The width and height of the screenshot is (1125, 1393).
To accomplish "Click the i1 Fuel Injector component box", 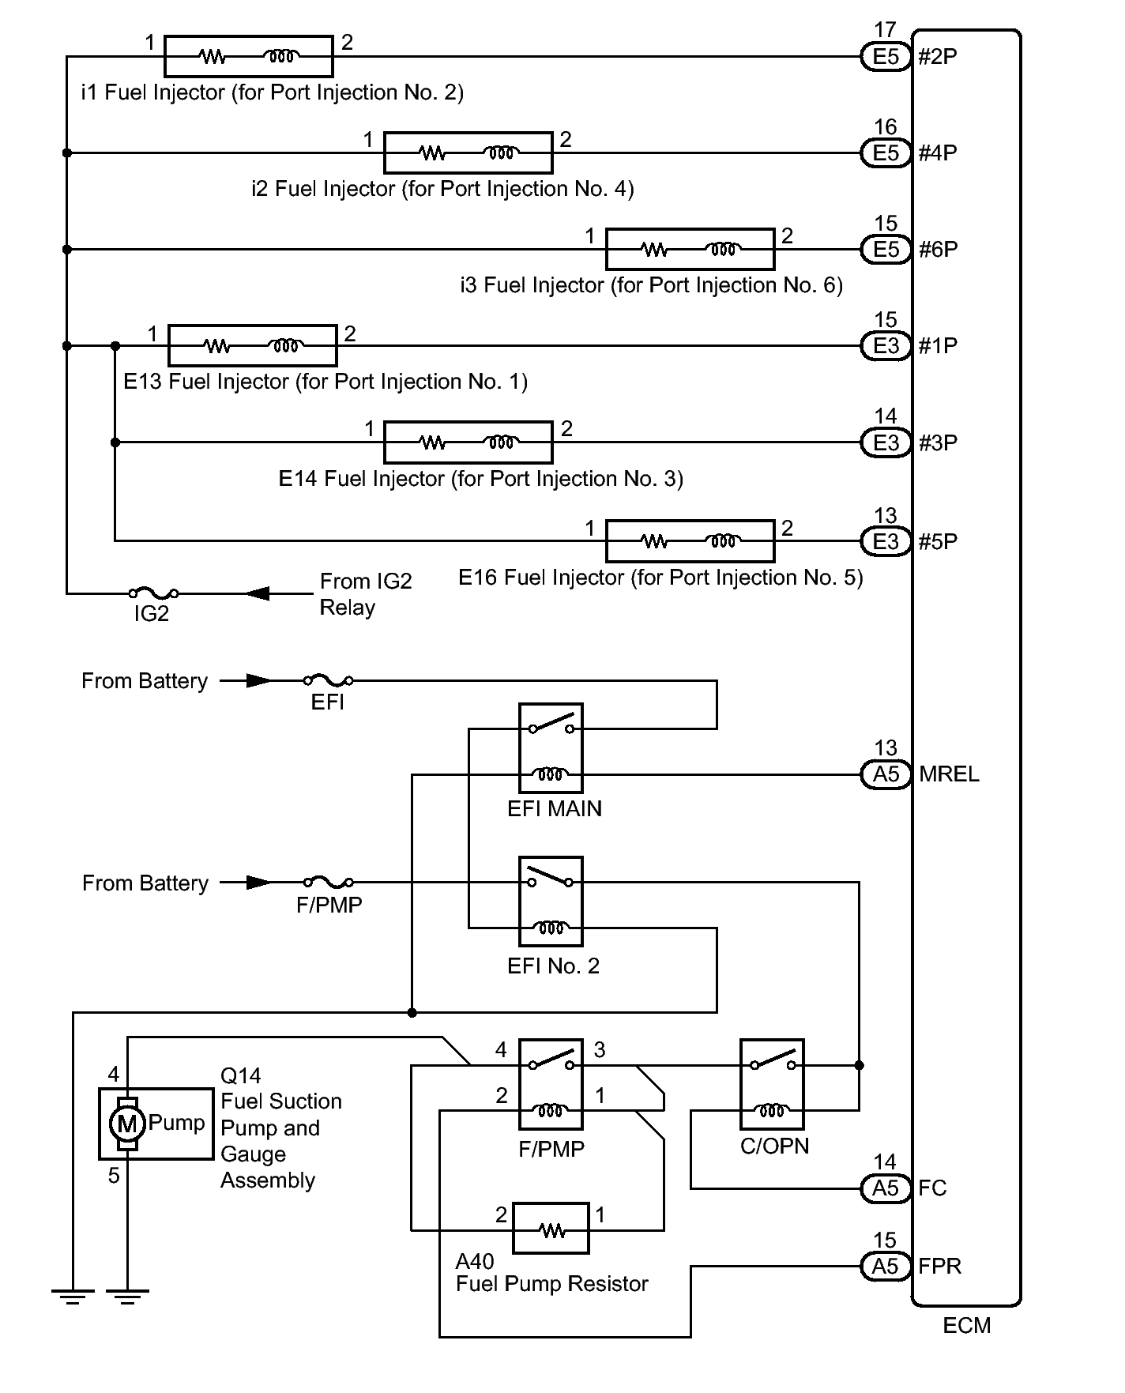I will tap(248, 56).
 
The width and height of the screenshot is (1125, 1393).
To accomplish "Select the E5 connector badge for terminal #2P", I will tap(886, 57).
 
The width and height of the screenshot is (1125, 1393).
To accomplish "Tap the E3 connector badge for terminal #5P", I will tap(886, 541).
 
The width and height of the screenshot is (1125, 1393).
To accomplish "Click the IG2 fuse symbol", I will tap(152, 593).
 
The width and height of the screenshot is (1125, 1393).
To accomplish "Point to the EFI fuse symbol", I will tap(328, 680).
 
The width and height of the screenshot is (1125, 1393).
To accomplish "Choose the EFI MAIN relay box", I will tap(551, 747).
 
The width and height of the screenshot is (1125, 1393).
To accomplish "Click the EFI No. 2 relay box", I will tap(551, 901).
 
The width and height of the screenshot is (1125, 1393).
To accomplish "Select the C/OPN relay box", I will tap(772, 1084).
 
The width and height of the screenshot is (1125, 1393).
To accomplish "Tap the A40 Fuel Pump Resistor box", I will tap(551, 1228).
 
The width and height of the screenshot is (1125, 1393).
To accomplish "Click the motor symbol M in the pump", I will tap(126, 1123).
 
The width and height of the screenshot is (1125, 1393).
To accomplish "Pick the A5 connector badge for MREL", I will tap(886, 774).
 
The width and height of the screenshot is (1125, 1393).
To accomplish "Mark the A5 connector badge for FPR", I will tap(886, 1267).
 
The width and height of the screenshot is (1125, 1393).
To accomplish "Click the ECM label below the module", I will tap(966, 1325).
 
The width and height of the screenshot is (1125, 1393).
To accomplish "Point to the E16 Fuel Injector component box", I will tap(690, 540).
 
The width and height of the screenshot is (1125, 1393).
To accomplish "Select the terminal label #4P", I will tap(938, 153).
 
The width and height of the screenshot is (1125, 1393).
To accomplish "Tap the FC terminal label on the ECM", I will tap(932, 1188).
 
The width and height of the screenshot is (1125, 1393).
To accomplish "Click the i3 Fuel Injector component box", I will tap(690, 249).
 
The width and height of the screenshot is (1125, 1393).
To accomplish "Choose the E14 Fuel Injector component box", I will tap(468, 442).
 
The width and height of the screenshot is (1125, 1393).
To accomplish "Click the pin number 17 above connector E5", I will tap(885, 30).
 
